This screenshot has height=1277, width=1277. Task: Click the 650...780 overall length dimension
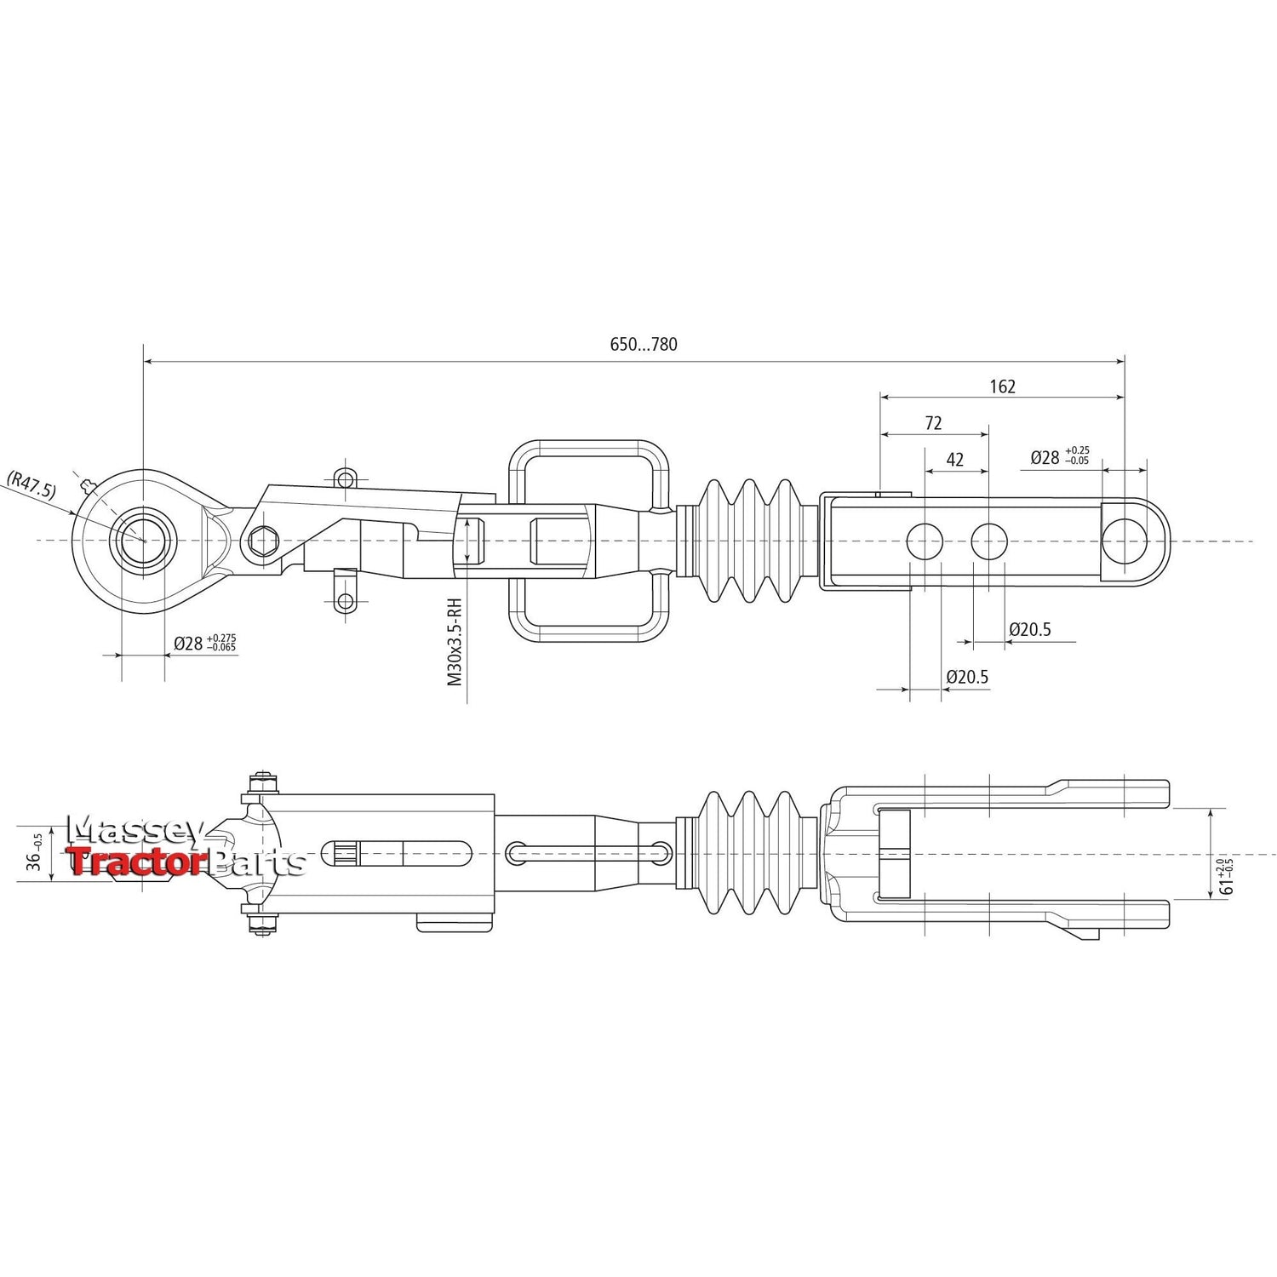[x=644, y=345]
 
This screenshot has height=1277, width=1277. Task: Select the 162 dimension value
[x=1002, y=387]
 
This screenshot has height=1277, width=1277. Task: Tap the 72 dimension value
[x=933, y=423]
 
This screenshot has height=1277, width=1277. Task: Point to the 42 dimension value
[x=955, y=460]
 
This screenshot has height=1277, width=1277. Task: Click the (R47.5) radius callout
[x=31, y=484]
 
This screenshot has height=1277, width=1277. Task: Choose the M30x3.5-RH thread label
[x=455, y=642]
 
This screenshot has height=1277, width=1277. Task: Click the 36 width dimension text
[x=35, y=855]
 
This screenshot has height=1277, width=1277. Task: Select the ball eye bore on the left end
[x=143, y=540]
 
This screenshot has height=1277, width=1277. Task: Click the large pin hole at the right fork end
[x=1125, y=541]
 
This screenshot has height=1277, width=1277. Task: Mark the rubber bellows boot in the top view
[x=749, y=541]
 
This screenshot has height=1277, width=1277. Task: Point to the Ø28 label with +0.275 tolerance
[x=204, y=643]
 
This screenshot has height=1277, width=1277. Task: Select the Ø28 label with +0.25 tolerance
[x=1059, y=457]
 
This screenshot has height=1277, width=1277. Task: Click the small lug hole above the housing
[x=344, y=479]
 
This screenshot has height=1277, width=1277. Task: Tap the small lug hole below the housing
[x=344, y=602]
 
